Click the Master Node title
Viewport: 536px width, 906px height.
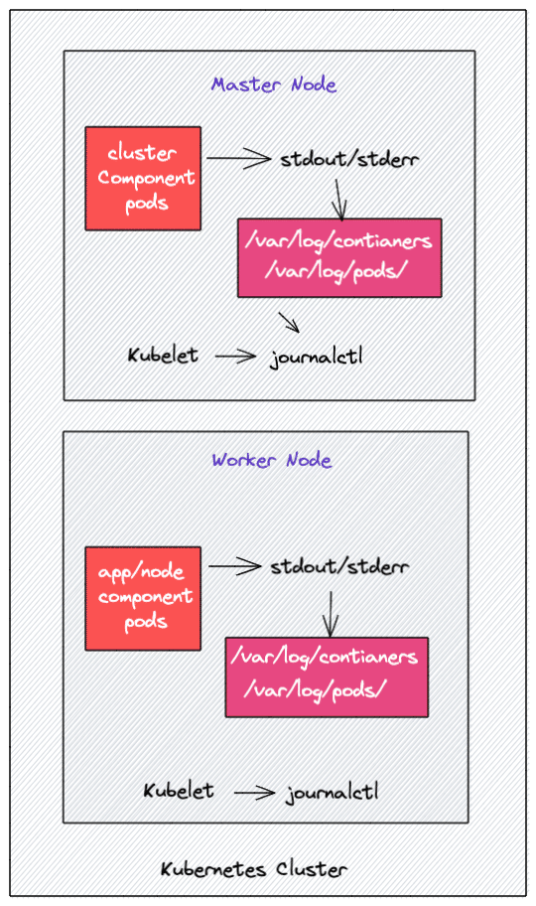274,84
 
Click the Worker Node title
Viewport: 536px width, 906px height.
271,460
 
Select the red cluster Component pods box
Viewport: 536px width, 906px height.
143,178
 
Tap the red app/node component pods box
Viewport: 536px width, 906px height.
143,597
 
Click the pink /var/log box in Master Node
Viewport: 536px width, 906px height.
338,257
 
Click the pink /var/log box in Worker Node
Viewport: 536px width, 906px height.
327,676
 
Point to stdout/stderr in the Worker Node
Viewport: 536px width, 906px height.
339,566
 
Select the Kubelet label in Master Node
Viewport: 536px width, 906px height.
163,355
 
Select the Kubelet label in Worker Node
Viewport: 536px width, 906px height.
179,791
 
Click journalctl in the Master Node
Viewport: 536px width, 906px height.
316,356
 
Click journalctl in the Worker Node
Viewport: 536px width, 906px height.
332,793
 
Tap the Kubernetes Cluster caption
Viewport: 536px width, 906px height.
254,870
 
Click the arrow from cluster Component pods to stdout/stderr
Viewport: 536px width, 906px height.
238,157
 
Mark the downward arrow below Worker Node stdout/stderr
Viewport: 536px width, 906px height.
330,612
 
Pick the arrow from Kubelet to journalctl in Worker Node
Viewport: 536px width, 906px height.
253,792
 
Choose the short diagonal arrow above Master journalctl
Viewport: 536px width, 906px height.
289,322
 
